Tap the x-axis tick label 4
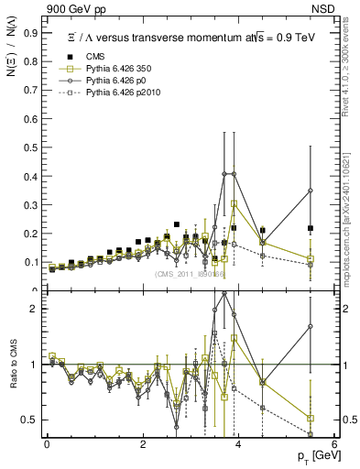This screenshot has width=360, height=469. click(238, 443)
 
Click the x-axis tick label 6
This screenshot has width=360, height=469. click(334, 443)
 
